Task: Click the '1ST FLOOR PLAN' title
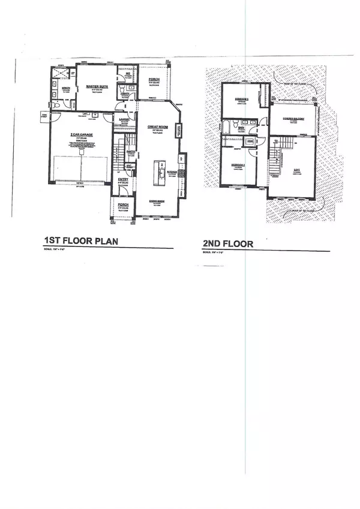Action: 80,241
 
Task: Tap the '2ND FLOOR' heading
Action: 228,244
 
